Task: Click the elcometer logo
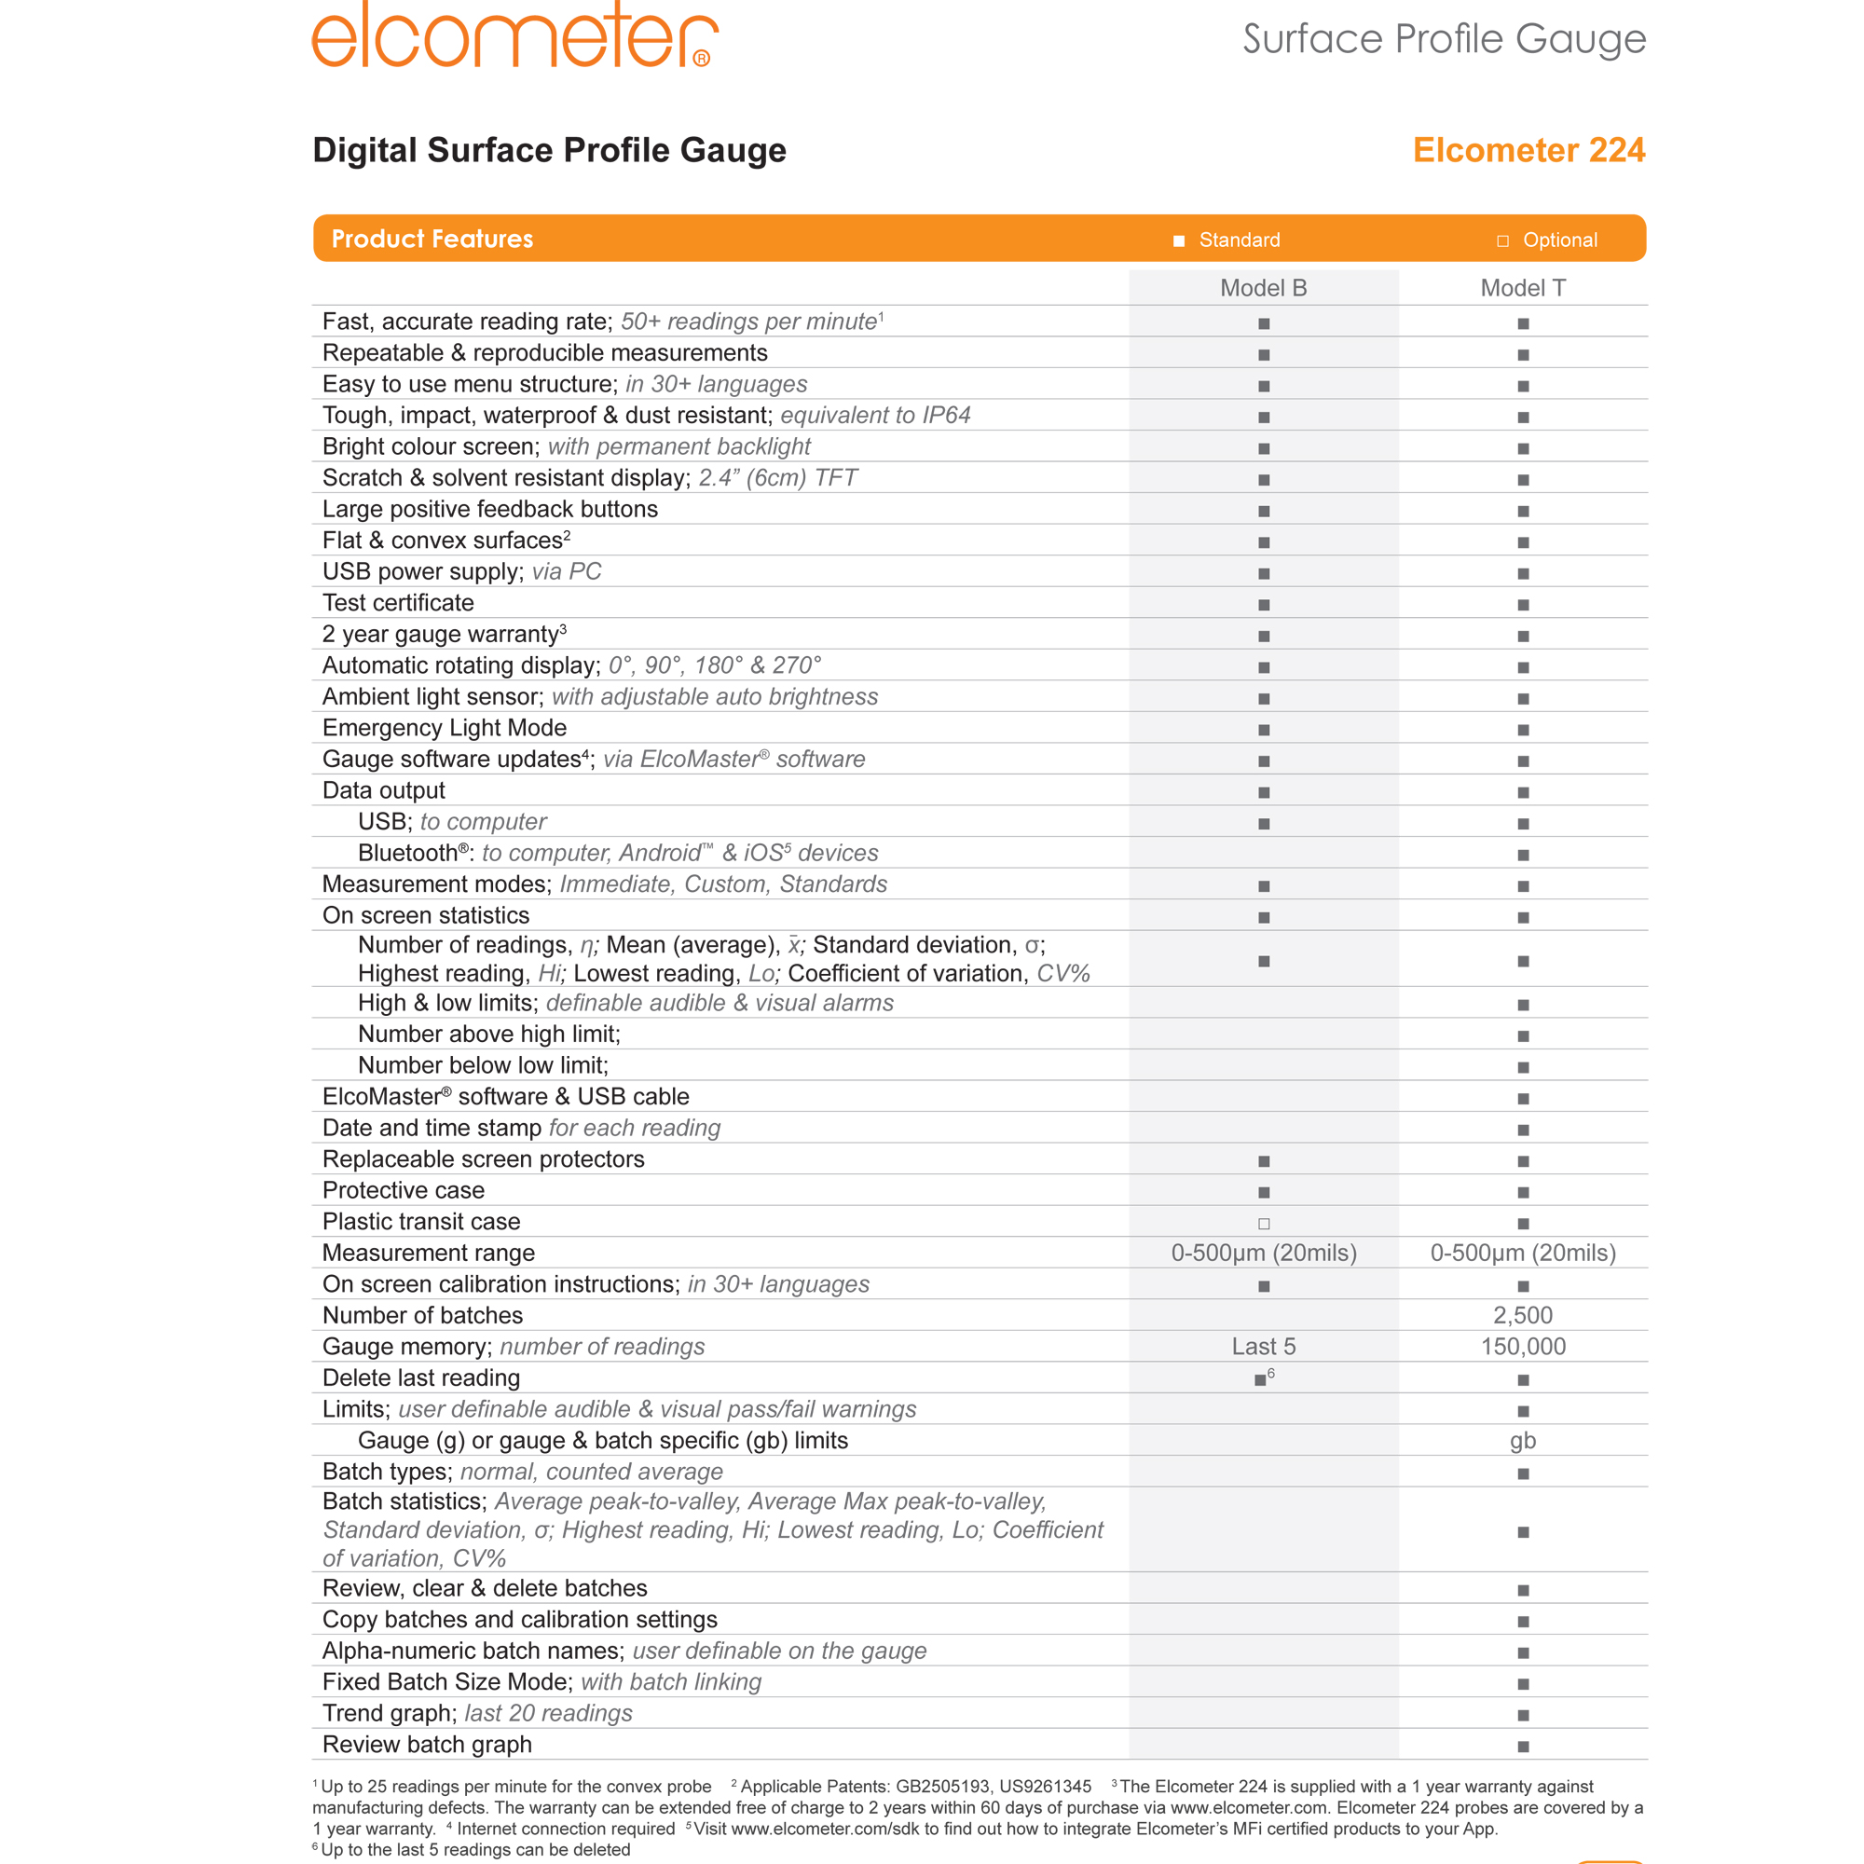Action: pos(514,35)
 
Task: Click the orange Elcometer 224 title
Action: pos(1528,150)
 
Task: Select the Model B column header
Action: pos(1263,289)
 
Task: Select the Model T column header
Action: pos(1523,289)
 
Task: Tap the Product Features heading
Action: pos(432,240)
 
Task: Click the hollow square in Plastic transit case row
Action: pos(1264,1224)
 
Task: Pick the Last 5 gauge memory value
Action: pos(1263,1347)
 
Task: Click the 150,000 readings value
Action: pos(1523,1347)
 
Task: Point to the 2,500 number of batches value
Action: pos(1523,1316)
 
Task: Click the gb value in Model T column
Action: pos(1523,1441)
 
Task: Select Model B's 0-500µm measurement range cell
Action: pos(1263,1254)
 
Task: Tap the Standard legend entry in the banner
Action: pos(1227,240)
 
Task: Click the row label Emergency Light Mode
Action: pos(445,729)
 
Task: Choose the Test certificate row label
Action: pos(399,603)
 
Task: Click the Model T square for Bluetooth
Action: pos(1524,855)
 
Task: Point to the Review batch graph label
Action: pos(428,1745)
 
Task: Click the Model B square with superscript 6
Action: pos(1261,1379)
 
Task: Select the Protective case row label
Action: pos(404,1190)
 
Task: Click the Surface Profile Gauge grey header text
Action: pos(1444,39)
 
